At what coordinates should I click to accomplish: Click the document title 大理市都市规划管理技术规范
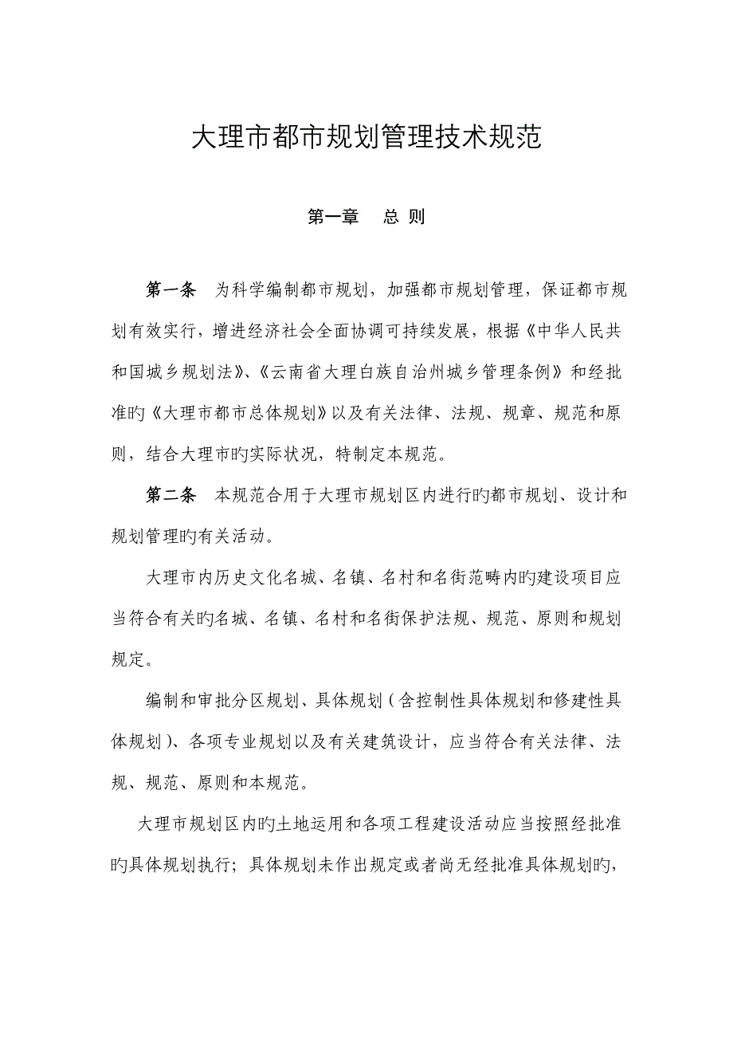pyautogui.click(x=366, y=138)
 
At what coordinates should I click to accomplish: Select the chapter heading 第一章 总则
pyautogui.click(x=366, y=217)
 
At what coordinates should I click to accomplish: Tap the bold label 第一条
pyautogui.click(x=171, y=289)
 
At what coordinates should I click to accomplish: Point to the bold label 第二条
pyautogui.click(x=171, y=496)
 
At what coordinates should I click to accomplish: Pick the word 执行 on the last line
pyautogui.click(x=227, y=867)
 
